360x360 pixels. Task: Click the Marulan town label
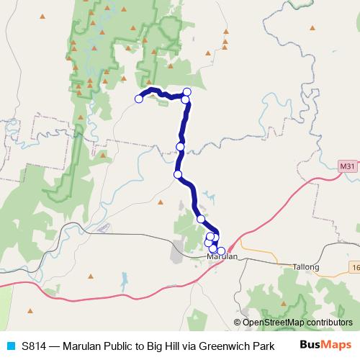pyautogui.click(x=222, y=257)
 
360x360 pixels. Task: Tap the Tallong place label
pyautogui.click(x=305, y=266)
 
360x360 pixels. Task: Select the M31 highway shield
pyautogui.click(x=347, y=167)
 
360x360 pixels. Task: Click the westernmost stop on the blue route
pyautogui.click(x=139, y=99)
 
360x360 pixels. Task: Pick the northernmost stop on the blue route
pyautogui.click(x=187, y=91)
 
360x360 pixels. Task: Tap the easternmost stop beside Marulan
pyautogui.click(x=221, y=251)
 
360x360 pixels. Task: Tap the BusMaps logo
pyautogui.click(x=325, y=344)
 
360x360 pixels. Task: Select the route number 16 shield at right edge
pyautogui.click(x=356, y=267)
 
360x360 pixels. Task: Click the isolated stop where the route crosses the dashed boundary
pyautogui.click(x=180, y=147)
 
